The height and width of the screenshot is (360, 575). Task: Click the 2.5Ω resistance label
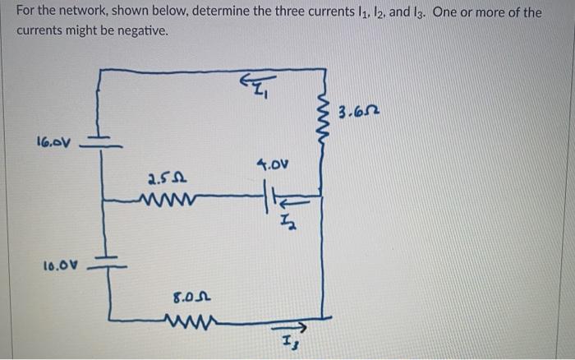point(163,176)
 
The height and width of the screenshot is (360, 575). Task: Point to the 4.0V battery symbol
point(269,199)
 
